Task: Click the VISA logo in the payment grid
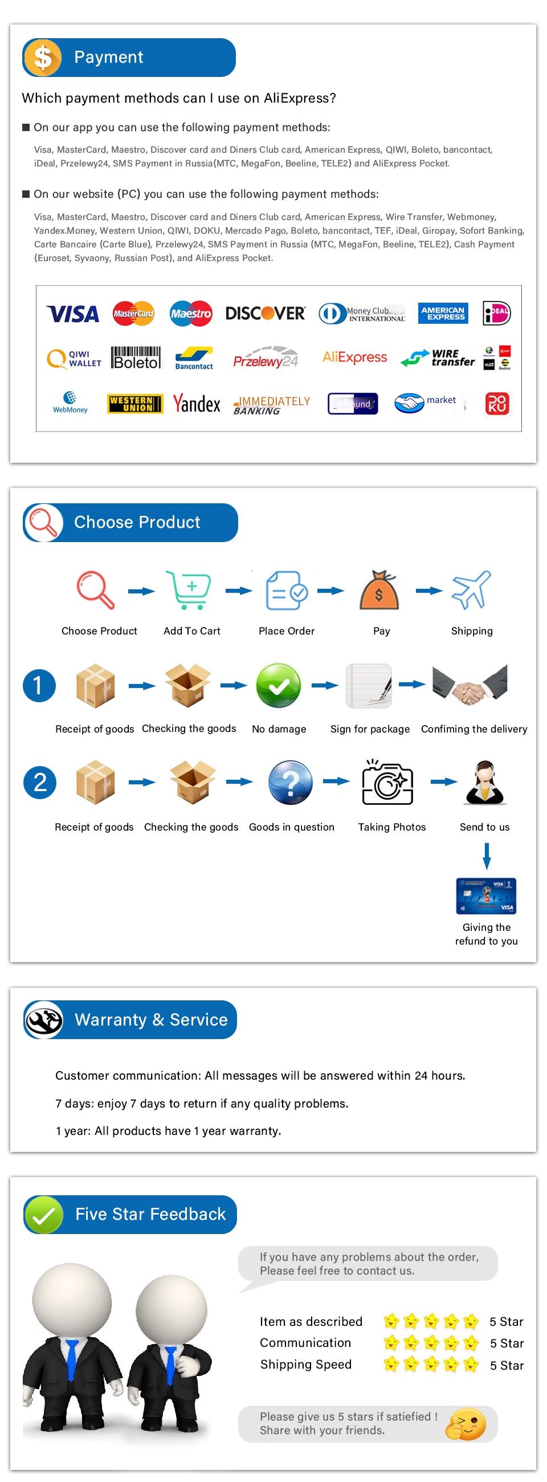72,314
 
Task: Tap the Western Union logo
135,404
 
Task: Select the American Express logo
443,313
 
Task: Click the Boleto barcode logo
136,358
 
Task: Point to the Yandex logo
197,404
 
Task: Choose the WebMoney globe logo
70,402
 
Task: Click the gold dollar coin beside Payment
43,58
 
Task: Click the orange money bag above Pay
379,591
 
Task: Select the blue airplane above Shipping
472,590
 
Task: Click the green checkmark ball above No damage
279,685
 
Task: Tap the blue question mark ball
291,783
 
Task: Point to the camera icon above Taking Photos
387,782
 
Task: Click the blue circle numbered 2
40,783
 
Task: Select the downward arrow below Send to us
487,856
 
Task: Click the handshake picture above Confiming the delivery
470,685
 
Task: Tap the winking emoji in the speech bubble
466,1424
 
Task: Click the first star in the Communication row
391,1343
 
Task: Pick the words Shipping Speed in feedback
305,1365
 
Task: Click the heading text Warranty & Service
151,1020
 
